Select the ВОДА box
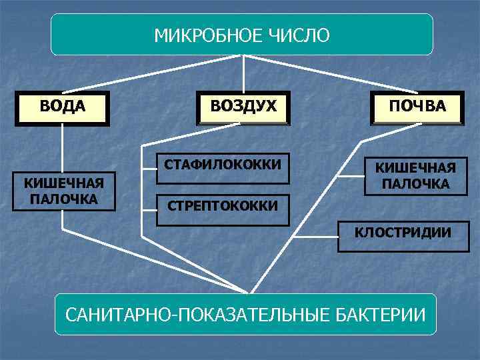[63, 107]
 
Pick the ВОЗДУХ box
[243, 107]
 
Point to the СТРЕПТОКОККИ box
[223, 207]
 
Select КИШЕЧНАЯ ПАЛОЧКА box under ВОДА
[63, 191]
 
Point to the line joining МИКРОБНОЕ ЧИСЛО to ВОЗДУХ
[243, 73]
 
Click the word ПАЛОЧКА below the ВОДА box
[63, 199]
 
